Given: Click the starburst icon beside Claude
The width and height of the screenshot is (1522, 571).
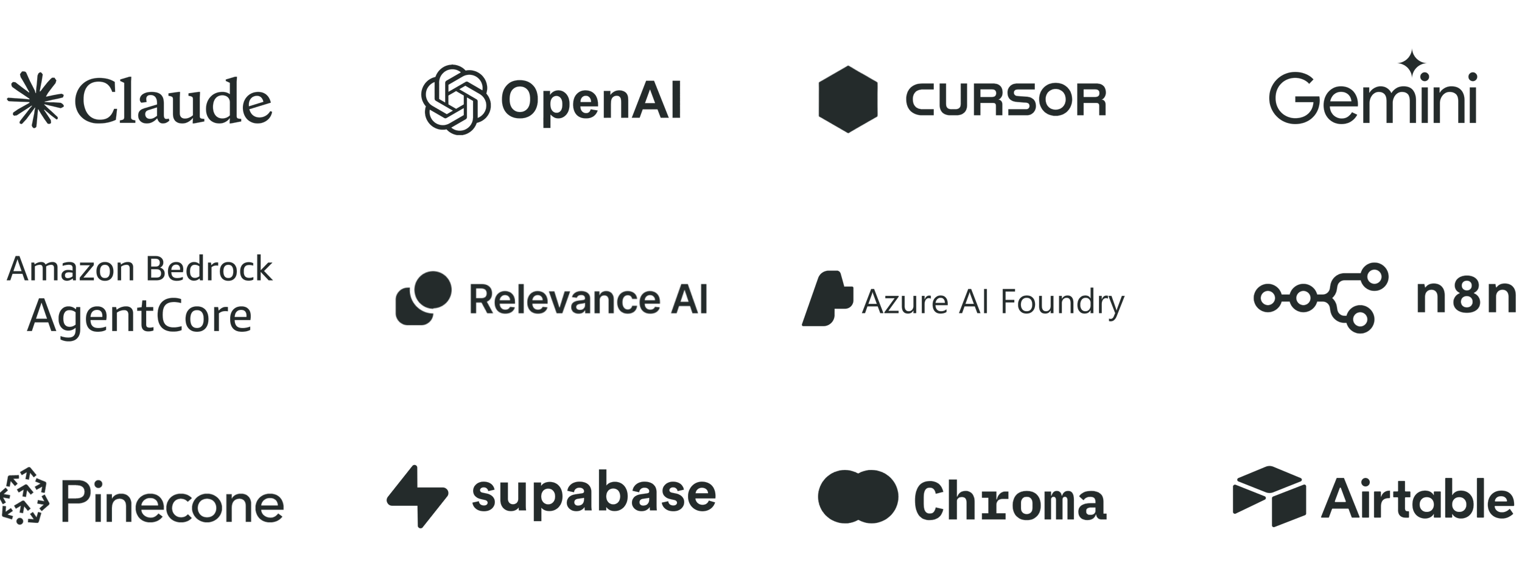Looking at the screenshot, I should [35, 100].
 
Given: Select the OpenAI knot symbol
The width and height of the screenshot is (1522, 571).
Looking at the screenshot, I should [455, 100].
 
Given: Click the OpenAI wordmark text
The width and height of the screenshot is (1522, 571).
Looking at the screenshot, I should [590, 102].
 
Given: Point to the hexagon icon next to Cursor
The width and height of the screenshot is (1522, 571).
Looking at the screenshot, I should [847, 99].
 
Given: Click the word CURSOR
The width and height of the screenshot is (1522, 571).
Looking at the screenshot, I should [1005, 100].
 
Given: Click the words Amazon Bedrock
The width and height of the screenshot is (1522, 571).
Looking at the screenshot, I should [139, 269].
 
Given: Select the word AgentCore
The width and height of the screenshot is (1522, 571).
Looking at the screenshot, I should [139, 316].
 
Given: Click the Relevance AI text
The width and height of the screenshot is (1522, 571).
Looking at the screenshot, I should [588, 300].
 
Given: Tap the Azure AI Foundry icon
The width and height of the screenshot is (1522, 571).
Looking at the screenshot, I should [827, 298].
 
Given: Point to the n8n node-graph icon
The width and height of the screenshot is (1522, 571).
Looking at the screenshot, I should [1321, 298].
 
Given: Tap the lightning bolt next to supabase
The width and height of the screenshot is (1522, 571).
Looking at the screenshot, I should [418, 496].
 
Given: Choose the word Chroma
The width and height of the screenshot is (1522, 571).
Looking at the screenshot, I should [1010, 501].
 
